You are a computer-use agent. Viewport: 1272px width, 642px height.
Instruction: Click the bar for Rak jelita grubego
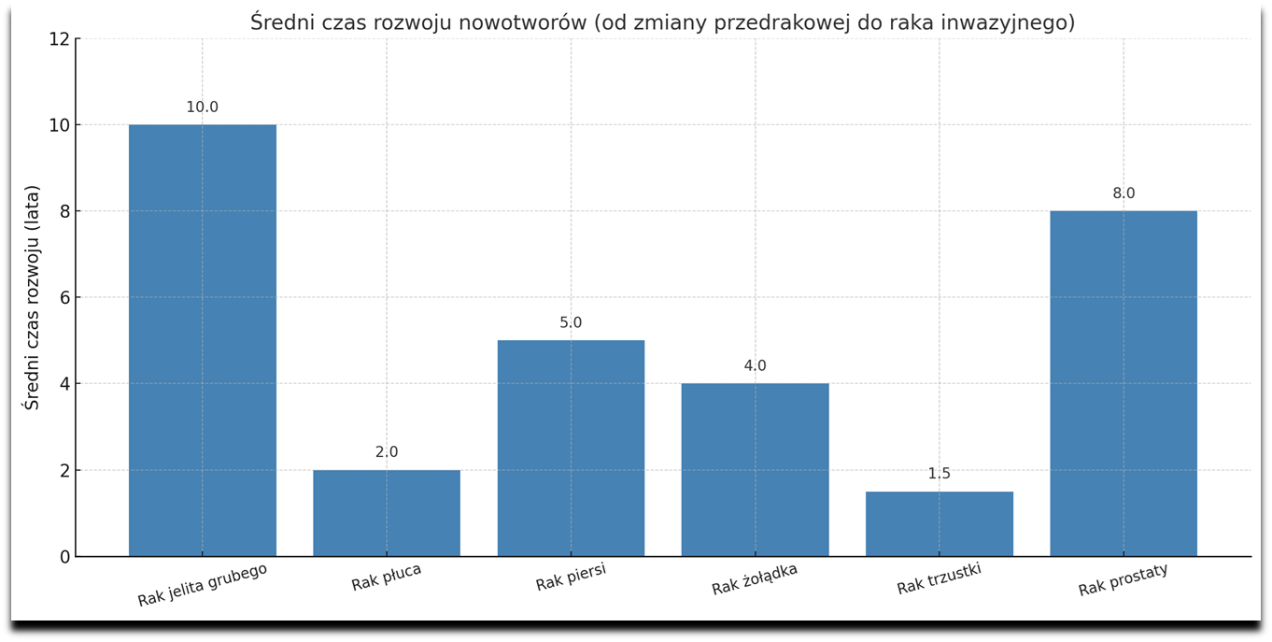(203, 340)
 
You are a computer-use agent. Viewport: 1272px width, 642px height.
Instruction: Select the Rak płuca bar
(387, 513)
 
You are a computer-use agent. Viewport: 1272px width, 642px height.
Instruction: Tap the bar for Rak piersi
(571, 449)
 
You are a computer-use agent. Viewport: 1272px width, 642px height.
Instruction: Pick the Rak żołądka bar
(755, 470)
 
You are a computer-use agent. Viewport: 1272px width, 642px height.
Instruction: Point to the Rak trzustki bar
(940, 524)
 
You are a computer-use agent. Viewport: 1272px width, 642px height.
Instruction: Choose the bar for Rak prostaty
(1124, 383)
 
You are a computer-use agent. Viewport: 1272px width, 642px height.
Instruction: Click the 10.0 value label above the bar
(203, 107)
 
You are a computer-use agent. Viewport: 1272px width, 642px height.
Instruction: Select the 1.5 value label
(940, 474)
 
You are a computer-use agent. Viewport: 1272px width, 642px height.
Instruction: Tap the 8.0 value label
(1124, 193)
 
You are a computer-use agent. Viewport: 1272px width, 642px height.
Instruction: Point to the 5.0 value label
(571, 323)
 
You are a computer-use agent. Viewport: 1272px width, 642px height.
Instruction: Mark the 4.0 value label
(755, 366)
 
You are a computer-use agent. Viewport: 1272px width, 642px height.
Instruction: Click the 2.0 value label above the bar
(387, 452)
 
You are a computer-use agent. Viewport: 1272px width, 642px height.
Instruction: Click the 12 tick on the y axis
(59, 39)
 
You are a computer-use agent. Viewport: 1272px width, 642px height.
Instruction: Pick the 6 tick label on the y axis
(64, 298)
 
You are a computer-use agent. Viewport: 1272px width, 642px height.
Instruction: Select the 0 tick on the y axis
(64, 557)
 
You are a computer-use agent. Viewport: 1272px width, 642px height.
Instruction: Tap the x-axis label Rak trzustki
(940, 578)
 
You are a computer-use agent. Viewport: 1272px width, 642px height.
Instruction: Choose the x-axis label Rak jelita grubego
(203, 585)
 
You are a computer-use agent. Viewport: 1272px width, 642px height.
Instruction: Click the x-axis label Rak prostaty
(1124, 579)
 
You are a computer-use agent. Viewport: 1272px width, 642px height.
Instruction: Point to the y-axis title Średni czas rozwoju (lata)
(33, 297)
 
